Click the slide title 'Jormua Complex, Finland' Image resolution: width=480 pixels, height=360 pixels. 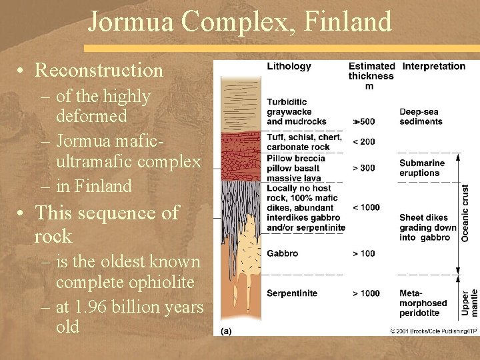[x=239, y=21]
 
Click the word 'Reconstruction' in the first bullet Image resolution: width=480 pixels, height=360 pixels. [x=99, y=70]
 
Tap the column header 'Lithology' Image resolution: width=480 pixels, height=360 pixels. [x=289, y=66]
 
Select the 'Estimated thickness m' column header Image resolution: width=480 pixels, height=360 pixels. [x=371, y=75]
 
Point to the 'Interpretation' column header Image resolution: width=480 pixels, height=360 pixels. [x=433, y=66]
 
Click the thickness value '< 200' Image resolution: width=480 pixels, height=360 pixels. [x=363, y=141]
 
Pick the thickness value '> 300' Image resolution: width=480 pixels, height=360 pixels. [x=363, y=168]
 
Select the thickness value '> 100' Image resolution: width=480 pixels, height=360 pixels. [x=363, y=253]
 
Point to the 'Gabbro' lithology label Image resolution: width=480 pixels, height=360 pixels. [x=282, y=253]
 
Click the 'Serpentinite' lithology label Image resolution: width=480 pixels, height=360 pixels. [x=292, y=293]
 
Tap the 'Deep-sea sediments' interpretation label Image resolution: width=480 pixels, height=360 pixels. [x=421, y=117]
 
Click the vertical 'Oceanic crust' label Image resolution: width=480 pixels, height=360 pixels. [x=465, y=213]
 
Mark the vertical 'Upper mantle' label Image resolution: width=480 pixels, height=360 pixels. [x=469, y=302]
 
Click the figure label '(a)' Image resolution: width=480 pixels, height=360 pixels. [x=226, y=330]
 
